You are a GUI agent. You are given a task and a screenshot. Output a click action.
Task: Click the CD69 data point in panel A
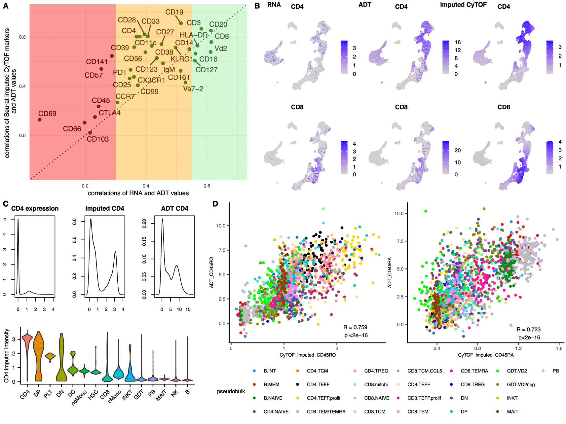pos(40,120)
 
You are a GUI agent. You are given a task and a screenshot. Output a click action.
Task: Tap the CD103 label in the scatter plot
pos(98,139)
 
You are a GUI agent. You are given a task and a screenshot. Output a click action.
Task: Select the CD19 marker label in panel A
pos(174,12)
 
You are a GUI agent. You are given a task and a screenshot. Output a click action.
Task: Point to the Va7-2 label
pos(193,89)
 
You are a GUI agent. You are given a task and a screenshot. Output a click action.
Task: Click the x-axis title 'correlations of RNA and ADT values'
pos(138,193)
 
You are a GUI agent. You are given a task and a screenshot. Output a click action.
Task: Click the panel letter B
pos(257,6)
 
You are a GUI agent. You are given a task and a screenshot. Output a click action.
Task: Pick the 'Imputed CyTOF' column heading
pos(463,5)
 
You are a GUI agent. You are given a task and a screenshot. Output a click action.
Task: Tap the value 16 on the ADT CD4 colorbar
pos(457,42)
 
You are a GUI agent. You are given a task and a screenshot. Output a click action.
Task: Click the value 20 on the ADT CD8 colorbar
pos(457,151)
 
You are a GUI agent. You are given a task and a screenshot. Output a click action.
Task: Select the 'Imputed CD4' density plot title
pos(104,209)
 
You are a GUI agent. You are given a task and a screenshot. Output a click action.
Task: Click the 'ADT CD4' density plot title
pos(174,209)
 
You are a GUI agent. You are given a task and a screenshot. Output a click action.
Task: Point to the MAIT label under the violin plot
pos(161,395)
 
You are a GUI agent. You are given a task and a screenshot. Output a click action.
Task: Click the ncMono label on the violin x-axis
pos(79,398)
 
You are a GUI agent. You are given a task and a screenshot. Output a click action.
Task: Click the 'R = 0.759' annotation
pos(355,327)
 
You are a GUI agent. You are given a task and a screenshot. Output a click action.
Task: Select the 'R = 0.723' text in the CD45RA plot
pos(528,329)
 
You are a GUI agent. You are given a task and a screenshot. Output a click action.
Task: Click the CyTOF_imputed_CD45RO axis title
pos(308,355)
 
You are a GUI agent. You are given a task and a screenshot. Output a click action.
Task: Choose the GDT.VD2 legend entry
pos(517,371)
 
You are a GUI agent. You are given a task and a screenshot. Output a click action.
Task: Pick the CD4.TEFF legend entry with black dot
pos(318,384)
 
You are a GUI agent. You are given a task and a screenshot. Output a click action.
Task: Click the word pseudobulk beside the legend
pos(231,391)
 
